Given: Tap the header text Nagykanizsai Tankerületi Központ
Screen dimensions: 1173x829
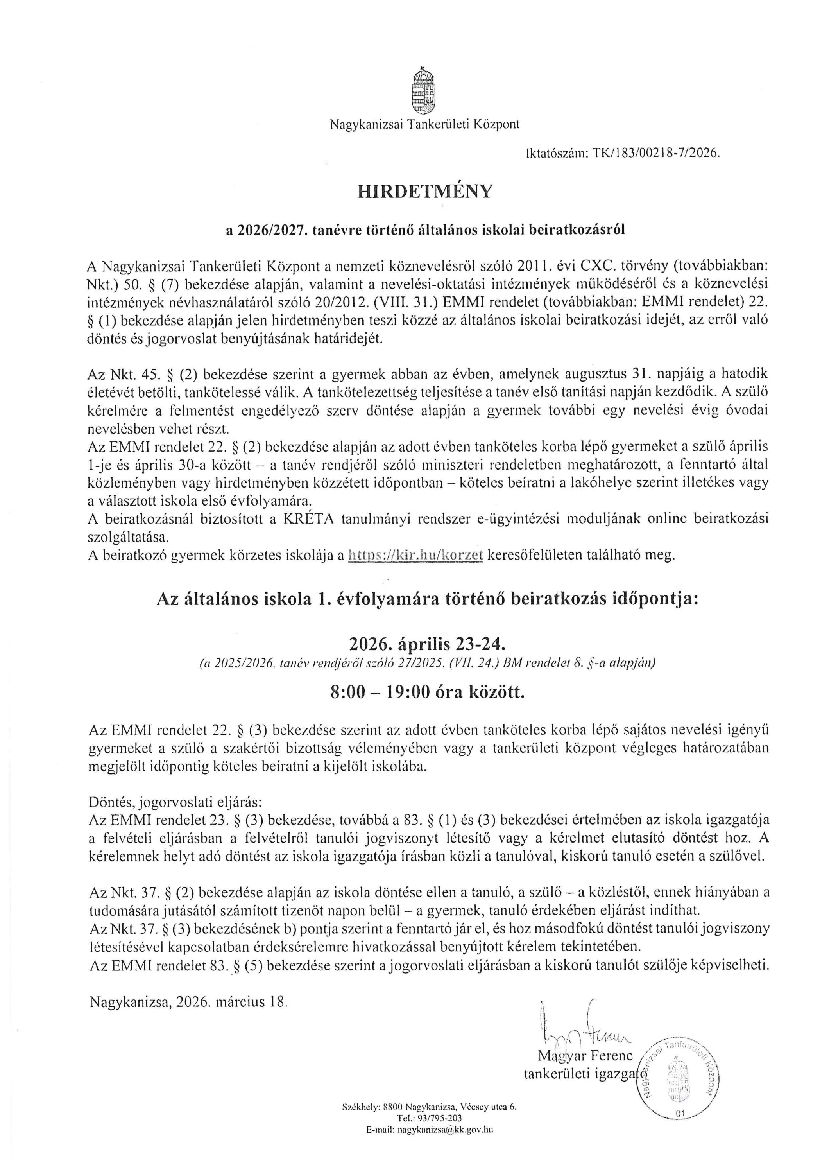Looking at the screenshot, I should point(424,124).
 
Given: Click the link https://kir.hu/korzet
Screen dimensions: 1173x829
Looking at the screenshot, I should point(415,555).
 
